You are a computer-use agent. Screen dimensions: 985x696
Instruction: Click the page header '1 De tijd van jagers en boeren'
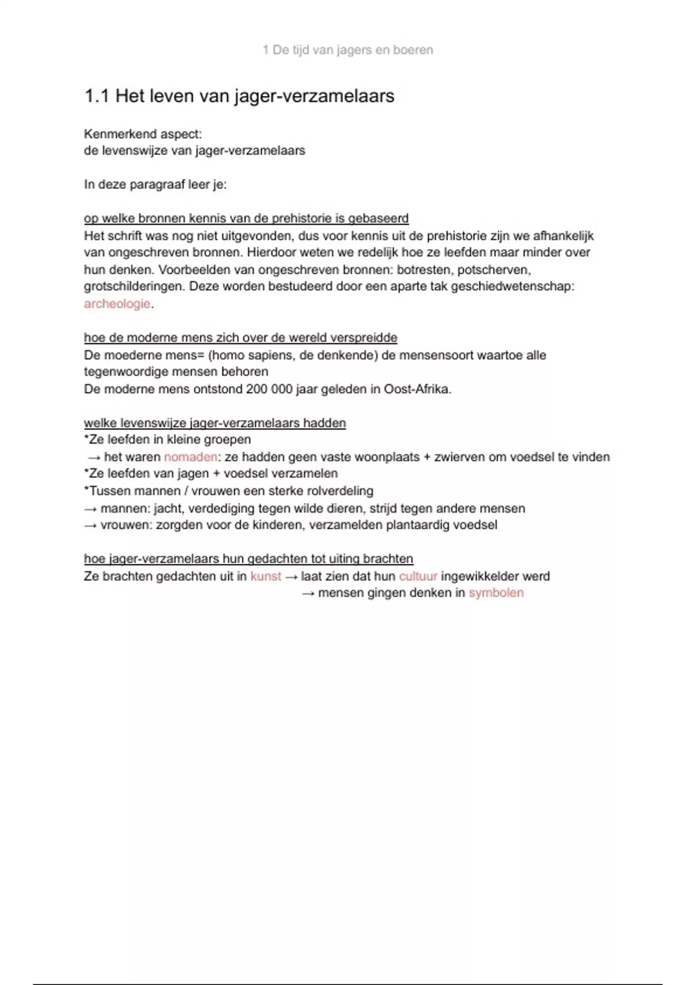(x=347, y=50)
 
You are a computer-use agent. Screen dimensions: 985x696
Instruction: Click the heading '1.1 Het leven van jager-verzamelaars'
(x=239, y=96)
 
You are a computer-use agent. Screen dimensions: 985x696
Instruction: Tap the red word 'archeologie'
(x=117, y=304)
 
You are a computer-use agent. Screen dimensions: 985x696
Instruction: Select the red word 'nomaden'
(x=190, y=457)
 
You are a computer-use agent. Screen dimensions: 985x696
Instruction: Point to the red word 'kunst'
(x=266, y=576)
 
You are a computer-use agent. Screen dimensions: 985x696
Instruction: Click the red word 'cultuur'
(x=418, y=576)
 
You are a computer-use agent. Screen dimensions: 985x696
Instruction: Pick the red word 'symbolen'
(x=496, y=593)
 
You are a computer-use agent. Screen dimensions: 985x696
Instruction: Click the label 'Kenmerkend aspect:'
(x=143, y=134)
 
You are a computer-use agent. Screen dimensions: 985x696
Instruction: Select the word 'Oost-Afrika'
(x=416, y=389)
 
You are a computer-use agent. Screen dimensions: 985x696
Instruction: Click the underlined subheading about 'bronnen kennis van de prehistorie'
(x=246, y=218)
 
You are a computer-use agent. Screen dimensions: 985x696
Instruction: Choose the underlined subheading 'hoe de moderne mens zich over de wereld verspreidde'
(x=240, y=337)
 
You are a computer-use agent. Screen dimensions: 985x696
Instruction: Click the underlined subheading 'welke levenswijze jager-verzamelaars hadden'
(x=215, y=423)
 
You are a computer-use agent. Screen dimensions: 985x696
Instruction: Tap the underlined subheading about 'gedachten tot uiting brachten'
(x=248, y=559)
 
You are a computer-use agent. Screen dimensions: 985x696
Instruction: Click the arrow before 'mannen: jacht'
(x=90, y=509)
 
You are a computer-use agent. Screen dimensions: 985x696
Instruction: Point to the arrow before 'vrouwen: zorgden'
(x=90, y=526)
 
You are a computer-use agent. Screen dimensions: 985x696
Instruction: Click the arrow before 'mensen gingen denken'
(x=308, y=593)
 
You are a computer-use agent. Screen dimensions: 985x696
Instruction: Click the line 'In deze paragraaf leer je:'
(x=155, y=184)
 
